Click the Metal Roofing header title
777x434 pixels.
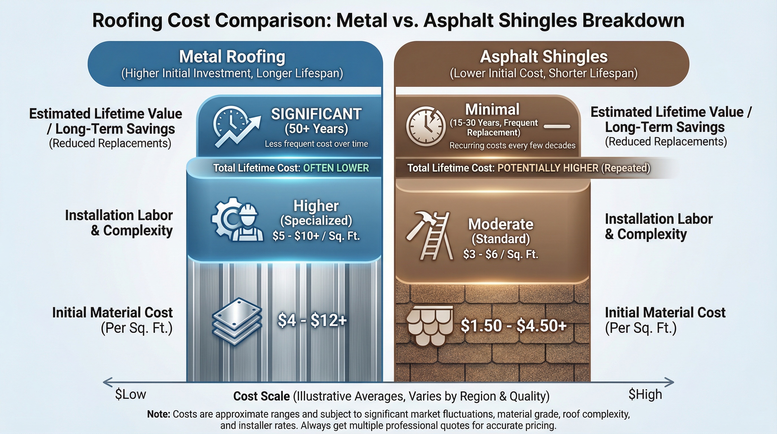(232, 57)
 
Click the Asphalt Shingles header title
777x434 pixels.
(544, 57)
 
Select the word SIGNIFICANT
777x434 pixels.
(316, 114)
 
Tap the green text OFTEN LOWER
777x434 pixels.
(336, 168)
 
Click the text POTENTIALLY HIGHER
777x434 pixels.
(548, 168)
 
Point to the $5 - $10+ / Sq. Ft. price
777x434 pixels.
(316, 236)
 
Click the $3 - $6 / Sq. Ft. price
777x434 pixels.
(500, 254)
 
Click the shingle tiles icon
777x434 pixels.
(429, 325)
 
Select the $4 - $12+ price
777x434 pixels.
(312, 320)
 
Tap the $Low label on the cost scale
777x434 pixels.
(130, 394)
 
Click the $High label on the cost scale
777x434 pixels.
(645, 394)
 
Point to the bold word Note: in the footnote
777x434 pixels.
(159, 414)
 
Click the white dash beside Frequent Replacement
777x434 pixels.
(557, 127)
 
